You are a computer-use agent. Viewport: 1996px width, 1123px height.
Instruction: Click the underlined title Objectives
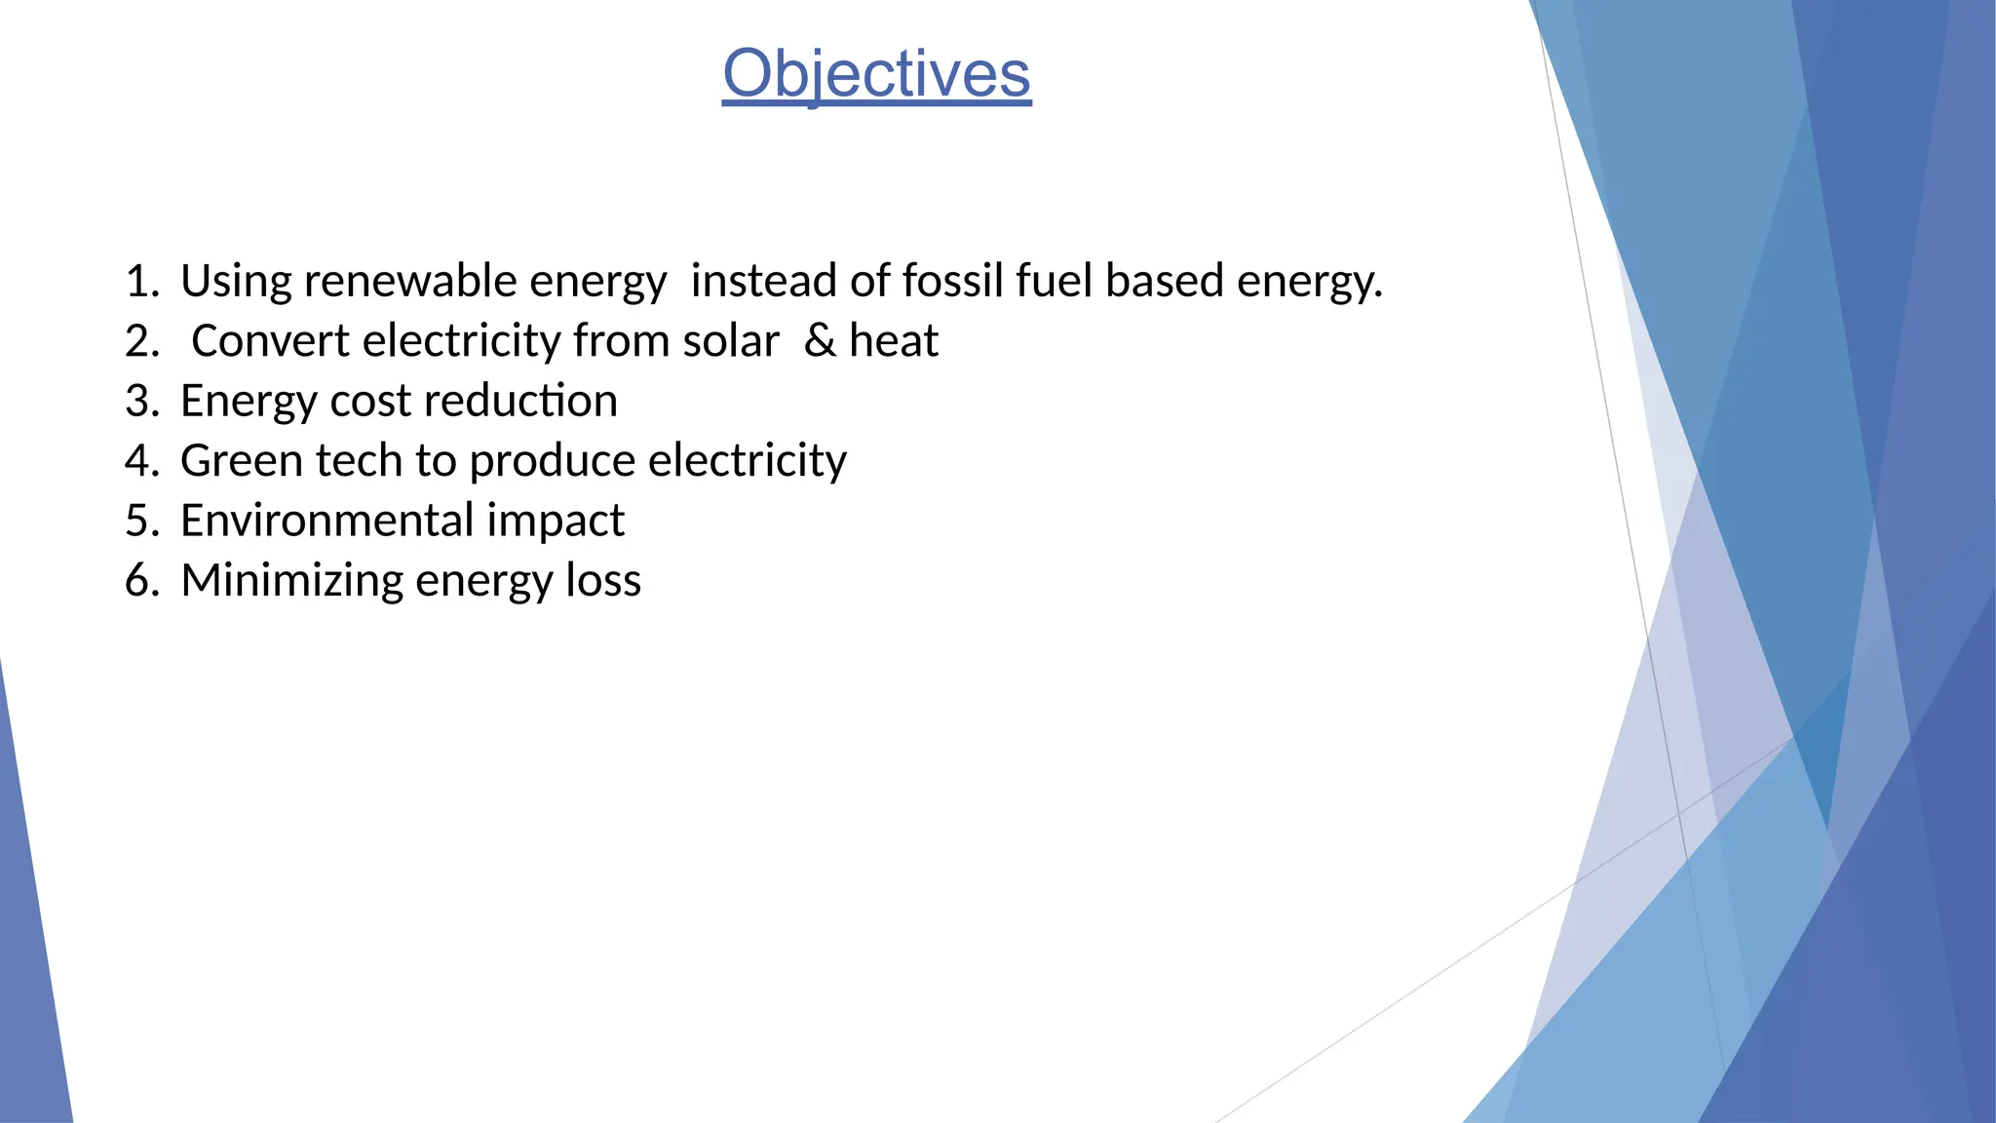click(876, 74)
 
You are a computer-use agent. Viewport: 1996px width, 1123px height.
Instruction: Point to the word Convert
click(270, 341)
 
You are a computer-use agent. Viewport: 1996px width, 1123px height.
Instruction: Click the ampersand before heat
click(820, 341)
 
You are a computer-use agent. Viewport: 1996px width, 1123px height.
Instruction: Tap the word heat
click(894, 341)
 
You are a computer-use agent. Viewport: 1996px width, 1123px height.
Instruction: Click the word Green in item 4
click(236, 460)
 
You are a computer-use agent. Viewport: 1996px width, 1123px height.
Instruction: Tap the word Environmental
click(326, 521)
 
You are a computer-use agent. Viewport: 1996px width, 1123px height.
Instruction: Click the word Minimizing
click(291, 581)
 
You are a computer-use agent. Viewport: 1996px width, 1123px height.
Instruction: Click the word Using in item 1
click(236, 283)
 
